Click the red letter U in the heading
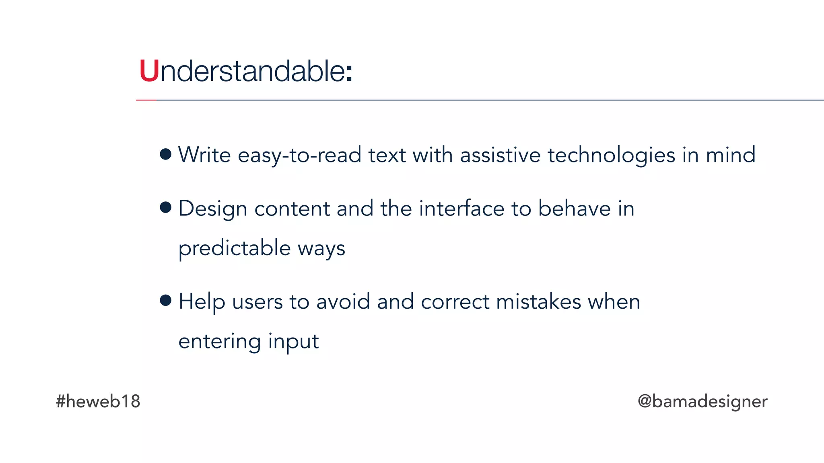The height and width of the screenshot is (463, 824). [149, 71]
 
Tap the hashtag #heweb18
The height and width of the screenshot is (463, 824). [98, 401]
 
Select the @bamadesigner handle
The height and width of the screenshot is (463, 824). [702, 401]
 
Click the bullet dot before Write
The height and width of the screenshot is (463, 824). [165, 154]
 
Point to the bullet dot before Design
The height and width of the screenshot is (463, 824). [165, 207]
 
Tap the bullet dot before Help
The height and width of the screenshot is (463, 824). [165, 300]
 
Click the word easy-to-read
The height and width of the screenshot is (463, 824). [299, 155]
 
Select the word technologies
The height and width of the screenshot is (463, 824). [611, 155]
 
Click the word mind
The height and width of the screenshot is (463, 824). [731, 155]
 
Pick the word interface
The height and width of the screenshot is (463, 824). [461, 209]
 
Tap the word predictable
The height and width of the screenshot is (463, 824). [234, 248]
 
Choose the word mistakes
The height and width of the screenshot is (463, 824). [538, 301]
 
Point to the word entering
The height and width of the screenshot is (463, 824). [220, 342]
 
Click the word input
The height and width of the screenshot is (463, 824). [293, 342]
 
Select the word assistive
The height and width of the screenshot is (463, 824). [500, 155]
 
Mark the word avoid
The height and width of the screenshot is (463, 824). [343, 301]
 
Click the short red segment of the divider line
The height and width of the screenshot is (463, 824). [146, 100]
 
